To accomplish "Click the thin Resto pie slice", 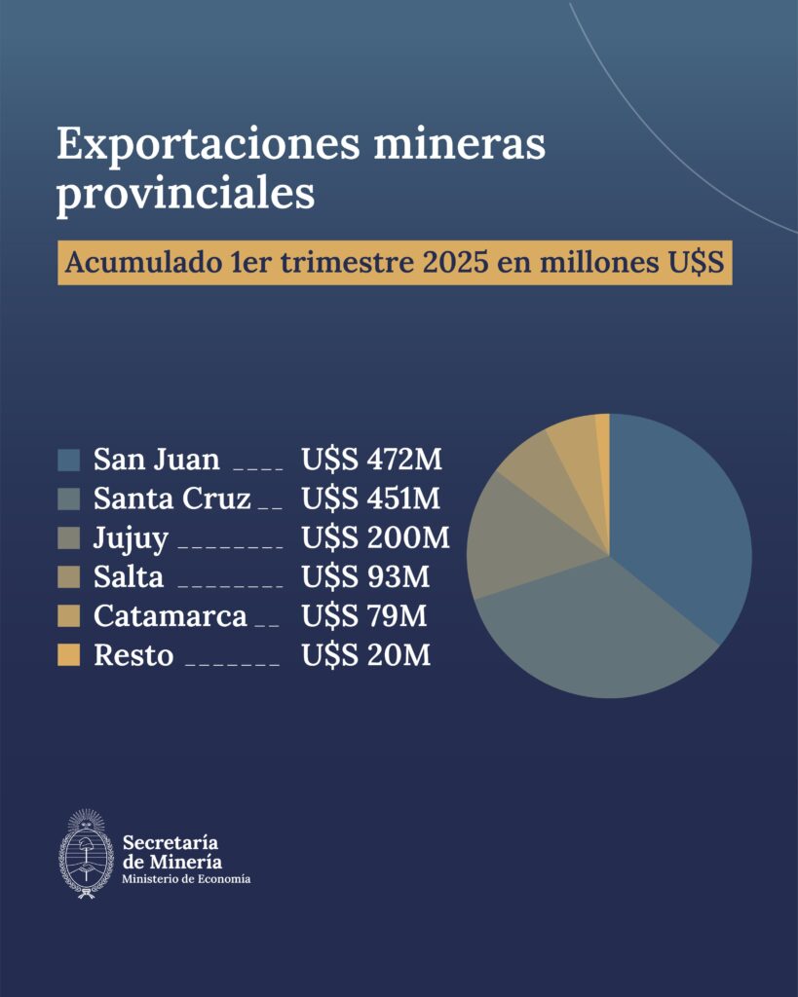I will (x=603, y=433).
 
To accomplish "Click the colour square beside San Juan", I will (x=69, y=460).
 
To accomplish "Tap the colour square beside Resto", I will (x=69, y=655).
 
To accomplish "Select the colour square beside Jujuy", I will (x=69, y=537).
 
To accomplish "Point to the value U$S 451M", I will (x=371, y=498).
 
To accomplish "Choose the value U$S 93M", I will (x=365, y=576).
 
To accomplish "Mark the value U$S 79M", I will (x=365, y=616).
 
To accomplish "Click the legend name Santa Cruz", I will (x=172, y=498).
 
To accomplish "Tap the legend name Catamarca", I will (x=171, y=616).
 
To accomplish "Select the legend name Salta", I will (x=129, y=576).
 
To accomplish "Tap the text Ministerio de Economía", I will (x=186, y=879).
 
